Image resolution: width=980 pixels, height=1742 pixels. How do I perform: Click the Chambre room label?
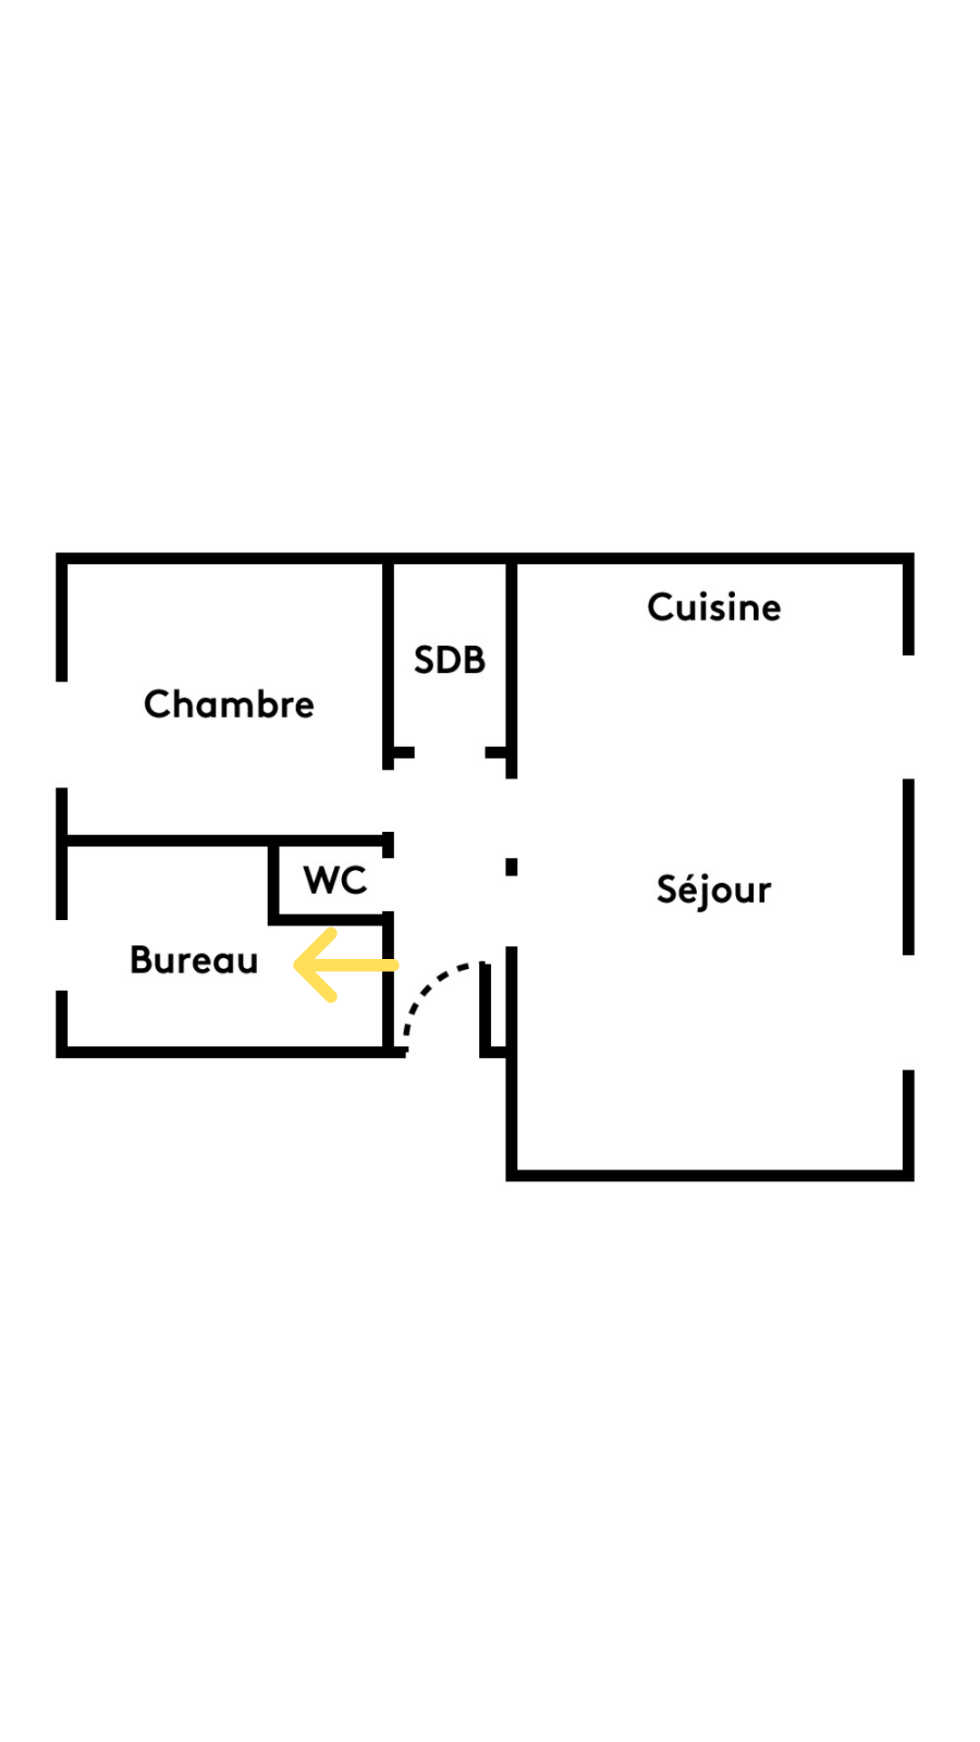[x=229, y=704]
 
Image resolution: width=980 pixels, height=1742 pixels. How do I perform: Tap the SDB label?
[x=449, y=660]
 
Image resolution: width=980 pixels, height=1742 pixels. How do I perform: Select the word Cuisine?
[x=714, y=607]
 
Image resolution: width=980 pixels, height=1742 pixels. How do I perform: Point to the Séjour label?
[x=714, y=890]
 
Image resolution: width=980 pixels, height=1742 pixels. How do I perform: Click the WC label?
[x=335, y=880]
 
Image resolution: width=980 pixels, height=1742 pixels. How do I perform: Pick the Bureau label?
[x=193, y=960]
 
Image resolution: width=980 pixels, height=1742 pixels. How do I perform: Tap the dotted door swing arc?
[x=440, y=1002]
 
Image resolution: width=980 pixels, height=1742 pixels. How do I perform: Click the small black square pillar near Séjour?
[x=512, y=867]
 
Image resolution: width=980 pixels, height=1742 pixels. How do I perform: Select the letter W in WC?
[x=319, y=880]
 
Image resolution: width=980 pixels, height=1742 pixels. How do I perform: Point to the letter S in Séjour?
[x=668, y=889]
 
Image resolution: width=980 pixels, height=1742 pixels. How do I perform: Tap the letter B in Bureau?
[x=142, y=960]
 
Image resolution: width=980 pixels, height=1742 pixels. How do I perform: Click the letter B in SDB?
[x=475, y=660]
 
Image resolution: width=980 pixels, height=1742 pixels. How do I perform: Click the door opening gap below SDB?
[x=450, y=753]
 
